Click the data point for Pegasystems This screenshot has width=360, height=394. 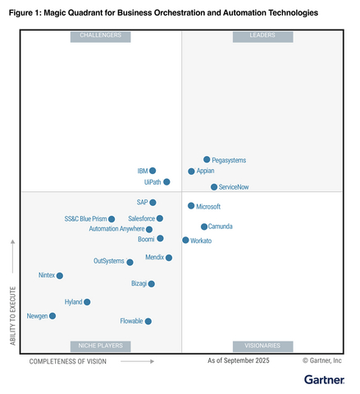(x=207, y=159)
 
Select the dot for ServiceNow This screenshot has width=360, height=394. (x=214, y=187)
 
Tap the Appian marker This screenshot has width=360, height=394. (x=191, y=172)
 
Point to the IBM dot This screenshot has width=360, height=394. (x=153, y=171)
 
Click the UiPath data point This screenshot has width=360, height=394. (x=166, y=182)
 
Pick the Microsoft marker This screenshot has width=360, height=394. (x=191, y=206)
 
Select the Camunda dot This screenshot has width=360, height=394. (x=204, y=227)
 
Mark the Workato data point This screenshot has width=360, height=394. (x=185, y=241)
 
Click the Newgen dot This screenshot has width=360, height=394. (x=52, y=316)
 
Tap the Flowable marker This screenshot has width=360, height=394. (x=148, y=321)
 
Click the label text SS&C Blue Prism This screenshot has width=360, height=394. (x=85, y=219)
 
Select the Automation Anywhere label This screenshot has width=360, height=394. (x=116, y=229)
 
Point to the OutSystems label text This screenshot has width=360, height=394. (x=108, y=261)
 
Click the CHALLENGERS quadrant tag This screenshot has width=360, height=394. (x=101, y=36)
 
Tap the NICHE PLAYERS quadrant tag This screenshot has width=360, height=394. (x=101, y=346)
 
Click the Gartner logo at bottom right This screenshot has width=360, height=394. (x=323, y=379)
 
